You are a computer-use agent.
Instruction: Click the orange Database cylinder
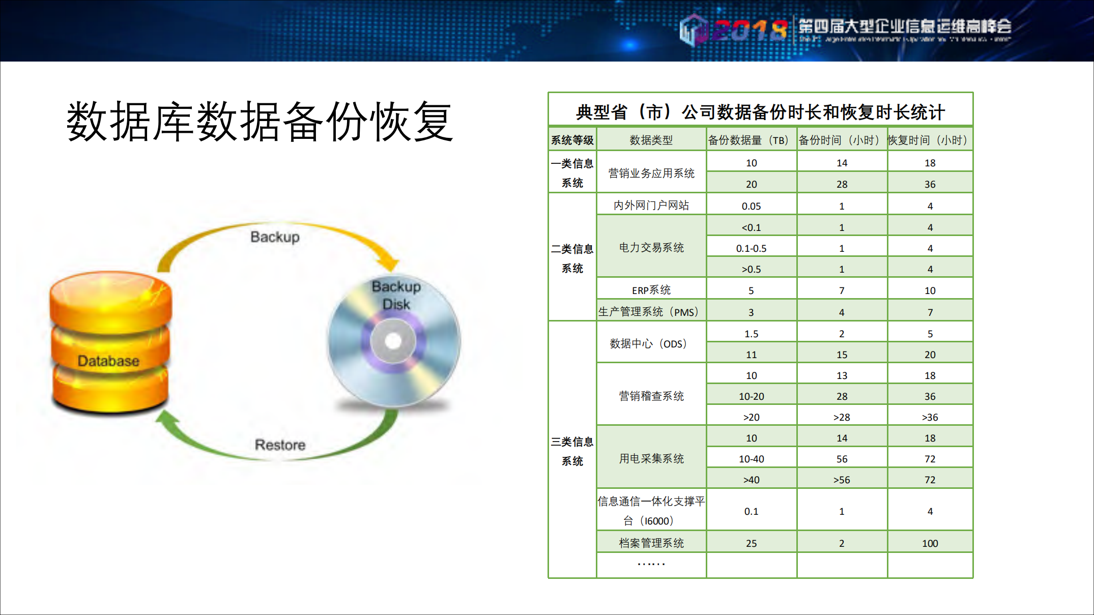(x=110, y=341)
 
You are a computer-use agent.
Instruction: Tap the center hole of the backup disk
(x=393, y=341)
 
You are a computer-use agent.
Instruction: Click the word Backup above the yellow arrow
(x=275, y=237)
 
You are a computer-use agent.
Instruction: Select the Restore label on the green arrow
(x=280, y=445)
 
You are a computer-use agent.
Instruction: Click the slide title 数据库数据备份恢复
(x=260, y=122)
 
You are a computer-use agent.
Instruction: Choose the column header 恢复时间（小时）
(x=930, y=140)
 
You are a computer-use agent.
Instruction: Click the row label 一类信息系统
(x=572, y=173)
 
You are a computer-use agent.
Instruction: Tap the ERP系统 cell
(x=651, y=290)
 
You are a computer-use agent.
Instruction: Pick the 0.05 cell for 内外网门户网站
(x=751, y=206)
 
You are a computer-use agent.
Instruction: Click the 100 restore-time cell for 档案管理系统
(x=930, y=543)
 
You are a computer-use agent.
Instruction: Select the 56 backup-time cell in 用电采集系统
(x=842, y=459)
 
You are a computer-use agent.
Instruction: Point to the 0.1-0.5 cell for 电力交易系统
(x=751, y=248)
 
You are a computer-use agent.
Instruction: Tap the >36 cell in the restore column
(x=930, y=417)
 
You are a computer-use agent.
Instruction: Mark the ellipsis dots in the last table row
(x=651, y=564)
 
